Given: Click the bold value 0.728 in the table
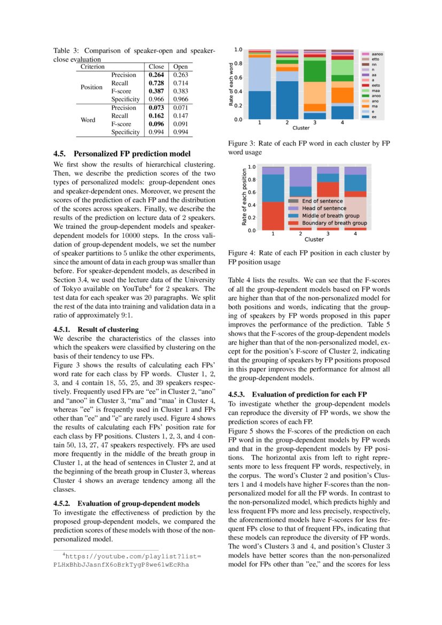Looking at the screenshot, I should coord(156,84).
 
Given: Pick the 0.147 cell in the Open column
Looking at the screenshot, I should coord(181,115).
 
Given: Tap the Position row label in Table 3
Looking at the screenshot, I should coord(91,87).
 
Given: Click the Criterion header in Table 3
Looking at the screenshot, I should coord(92,67).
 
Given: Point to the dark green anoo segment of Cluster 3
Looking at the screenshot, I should coord(315,71).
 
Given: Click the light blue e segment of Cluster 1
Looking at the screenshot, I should coord(259,74).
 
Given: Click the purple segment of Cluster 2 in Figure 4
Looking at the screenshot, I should coord(300,176).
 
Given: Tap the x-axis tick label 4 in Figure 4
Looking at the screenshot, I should coord(355,234).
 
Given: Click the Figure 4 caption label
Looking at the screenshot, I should coord(244,253).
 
